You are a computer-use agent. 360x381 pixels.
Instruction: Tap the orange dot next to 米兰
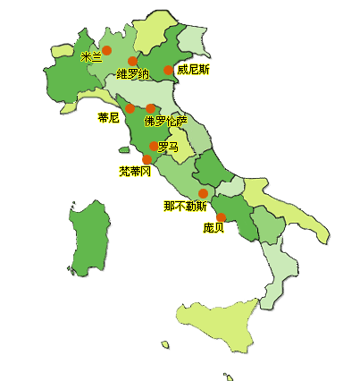tap(107, 50)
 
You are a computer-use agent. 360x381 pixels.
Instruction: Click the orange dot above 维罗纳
tap(133, 62)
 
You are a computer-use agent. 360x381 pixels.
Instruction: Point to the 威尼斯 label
tap(193, 69)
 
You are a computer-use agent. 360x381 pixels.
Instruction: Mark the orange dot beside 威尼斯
tap(168, 70)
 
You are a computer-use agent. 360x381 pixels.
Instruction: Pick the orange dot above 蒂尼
tap(130, 108)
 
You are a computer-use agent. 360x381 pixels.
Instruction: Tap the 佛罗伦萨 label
tap(166, 121)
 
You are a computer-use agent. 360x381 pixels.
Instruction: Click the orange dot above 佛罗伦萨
tap(151, 108)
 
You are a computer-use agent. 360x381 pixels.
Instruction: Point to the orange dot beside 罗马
tap(154, 146)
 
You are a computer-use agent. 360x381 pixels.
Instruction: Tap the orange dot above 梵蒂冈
tap(147, 159)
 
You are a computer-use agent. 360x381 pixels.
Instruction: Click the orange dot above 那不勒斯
tap(203, 193)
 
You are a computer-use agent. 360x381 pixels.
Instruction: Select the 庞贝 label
tap(213, 228)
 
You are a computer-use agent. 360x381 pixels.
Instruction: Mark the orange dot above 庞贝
tap(221, 216)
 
